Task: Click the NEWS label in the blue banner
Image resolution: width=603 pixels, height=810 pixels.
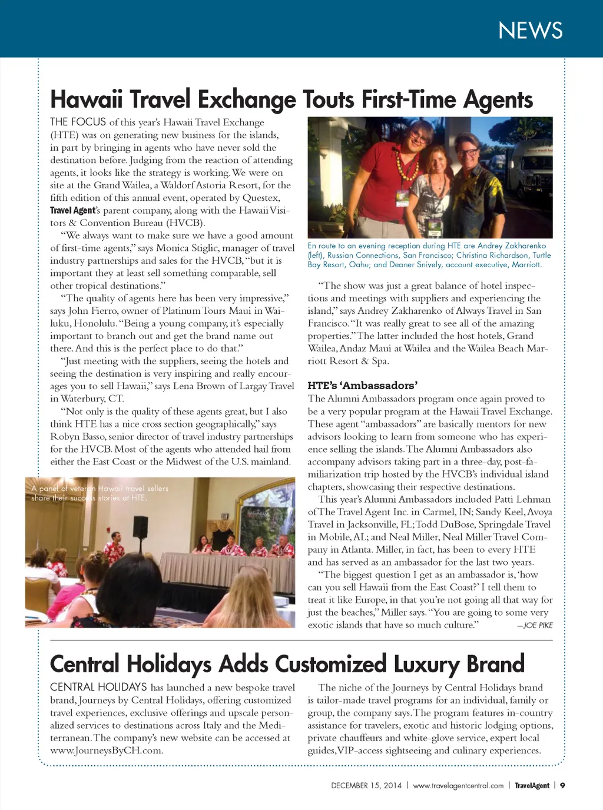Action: point(530,31)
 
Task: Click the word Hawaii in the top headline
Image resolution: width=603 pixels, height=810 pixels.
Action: point(87,99)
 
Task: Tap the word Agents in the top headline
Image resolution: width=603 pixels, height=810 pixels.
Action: point(498,100)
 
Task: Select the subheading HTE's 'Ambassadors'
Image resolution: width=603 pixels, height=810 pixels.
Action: point(362,386)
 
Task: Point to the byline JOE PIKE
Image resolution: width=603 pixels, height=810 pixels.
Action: point(538,625)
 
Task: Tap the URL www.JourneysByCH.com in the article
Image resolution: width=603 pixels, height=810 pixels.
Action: point(107,751)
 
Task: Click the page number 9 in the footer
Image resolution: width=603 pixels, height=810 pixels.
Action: point(562,785)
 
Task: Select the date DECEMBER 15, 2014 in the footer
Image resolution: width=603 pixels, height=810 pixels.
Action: point(366,785)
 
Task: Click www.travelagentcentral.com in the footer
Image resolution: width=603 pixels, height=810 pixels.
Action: point(458,785)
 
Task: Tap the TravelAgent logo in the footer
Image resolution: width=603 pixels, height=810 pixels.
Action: point(532,785)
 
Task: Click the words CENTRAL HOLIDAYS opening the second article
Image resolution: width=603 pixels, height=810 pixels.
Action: point(98,687)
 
